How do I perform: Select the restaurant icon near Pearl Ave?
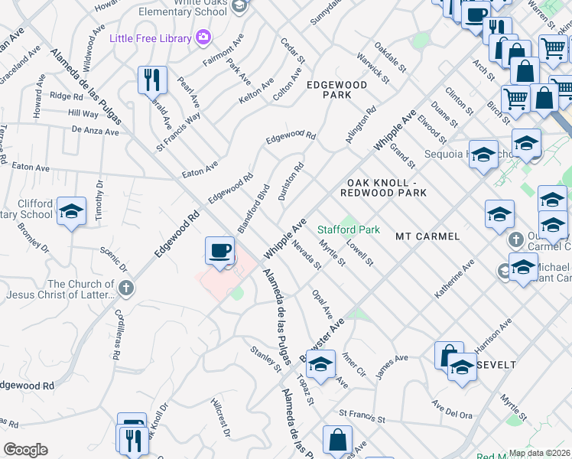(x=151, y=80)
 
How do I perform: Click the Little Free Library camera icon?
(x=203, y=36)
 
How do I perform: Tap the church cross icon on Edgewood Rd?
(x=126, y=289)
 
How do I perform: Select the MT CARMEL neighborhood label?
(x=427, y=236)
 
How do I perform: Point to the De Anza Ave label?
(x=95, y=132)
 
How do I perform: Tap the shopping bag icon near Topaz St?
(x=336, y=439)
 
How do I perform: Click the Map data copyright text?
(x=539, y=453)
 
